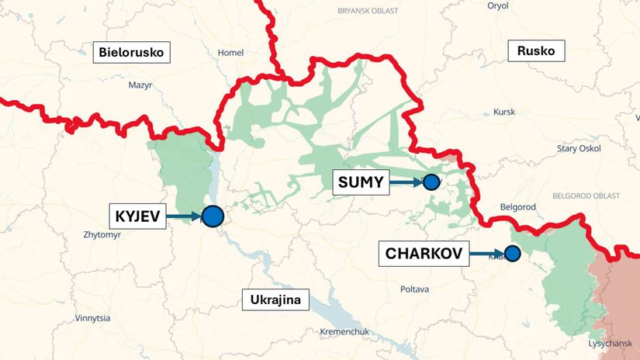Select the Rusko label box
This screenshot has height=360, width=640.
point(536,52)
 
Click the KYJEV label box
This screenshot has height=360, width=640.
point(140,216)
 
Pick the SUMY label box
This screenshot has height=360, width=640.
point(361,183)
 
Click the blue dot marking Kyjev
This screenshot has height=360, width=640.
point(213,216)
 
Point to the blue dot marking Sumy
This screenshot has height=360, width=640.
point(431,182)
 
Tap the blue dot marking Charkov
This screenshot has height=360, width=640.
point(512,253)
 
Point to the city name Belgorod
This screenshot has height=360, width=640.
point(518,207)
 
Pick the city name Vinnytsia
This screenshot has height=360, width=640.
point(92,318)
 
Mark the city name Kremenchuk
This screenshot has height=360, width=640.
point(344,332)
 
